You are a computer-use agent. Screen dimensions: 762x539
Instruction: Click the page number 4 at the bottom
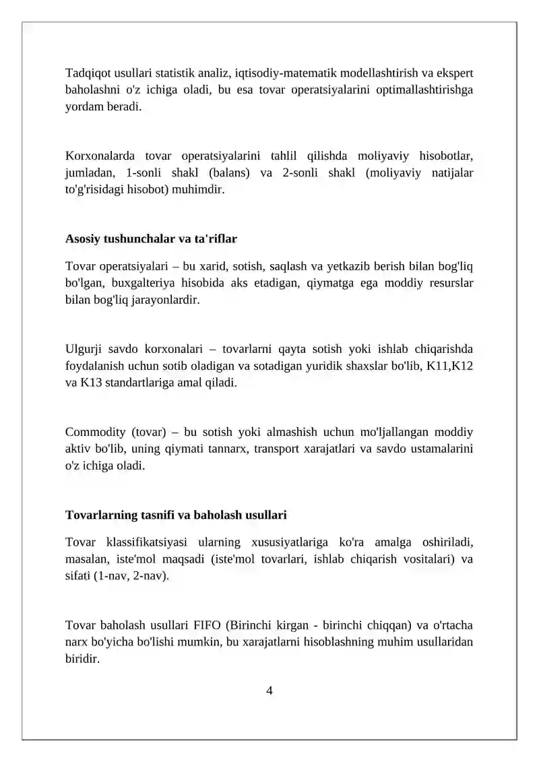pyautogui.click(x=269, y=690)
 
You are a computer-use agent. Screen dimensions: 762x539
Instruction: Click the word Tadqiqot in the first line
pyautogui.click(x=88, y=73)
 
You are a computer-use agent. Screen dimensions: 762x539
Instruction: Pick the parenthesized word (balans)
pyautogui.click(x=224, y=173)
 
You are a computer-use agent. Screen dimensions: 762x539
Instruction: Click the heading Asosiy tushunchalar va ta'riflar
pyautogui.click(x=151, y=239)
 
